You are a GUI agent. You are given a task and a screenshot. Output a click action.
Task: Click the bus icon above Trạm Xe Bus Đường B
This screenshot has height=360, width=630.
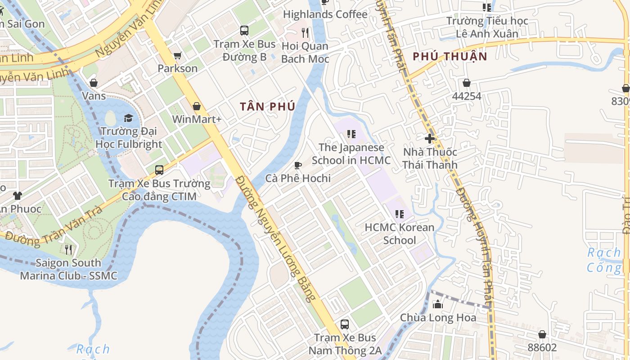(x=244, y=31)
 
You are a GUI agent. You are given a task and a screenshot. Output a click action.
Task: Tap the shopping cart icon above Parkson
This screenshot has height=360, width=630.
(x=177, y=55)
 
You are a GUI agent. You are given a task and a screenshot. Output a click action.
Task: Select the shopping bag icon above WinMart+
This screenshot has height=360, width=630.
(x=197, y=106)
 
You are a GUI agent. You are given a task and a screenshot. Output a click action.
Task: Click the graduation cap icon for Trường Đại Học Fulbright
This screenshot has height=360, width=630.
(x=129, y=118)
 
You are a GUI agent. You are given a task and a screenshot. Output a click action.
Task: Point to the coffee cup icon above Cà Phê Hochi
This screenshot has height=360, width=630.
(x=297, y=165)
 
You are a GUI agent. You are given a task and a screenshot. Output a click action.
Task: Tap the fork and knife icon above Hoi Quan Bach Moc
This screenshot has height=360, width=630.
(x=305, y=32)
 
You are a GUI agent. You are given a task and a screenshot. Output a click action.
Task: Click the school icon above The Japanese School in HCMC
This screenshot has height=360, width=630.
(x=351, y=134)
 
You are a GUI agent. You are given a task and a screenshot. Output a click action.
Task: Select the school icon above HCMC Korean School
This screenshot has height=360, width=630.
(x=399, y=214)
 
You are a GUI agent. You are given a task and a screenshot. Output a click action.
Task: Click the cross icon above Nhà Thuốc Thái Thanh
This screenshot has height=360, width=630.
(x=430, y=139)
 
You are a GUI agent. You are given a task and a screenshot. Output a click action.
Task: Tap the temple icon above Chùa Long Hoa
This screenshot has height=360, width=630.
(x=437, y=305)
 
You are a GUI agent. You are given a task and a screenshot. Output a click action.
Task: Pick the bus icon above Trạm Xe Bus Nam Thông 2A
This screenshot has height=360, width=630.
(x=345, y=324)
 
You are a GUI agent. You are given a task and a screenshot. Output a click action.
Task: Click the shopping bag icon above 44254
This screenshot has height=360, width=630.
(x=467, y=83)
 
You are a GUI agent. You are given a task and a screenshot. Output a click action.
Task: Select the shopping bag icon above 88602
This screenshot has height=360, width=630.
(x=542, y=334)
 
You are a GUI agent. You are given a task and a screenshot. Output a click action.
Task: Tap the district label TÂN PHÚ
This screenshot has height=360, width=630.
(x=267, y=107)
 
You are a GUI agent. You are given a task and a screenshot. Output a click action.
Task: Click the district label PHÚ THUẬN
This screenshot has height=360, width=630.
(x=450, y=56)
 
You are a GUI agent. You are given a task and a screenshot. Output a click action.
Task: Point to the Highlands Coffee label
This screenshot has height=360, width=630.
(x=325, y=14)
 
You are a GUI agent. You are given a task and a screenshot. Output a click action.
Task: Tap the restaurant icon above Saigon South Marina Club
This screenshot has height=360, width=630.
(x=68, y=249)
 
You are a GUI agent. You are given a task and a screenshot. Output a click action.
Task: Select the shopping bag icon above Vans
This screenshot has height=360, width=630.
(x=94, y=83)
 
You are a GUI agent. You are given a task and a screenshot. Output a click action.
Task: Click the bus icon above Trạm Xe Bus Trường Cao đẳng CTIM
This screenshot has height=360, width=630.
(x=159, y=170)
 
